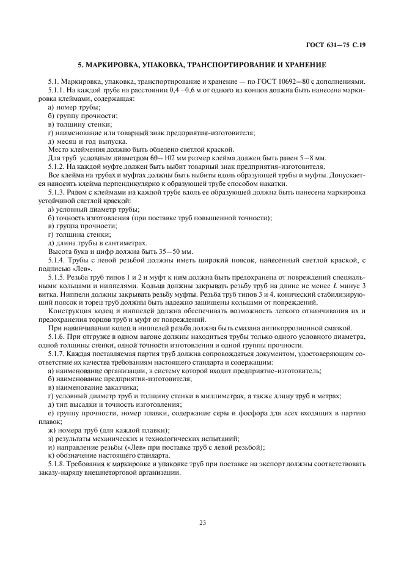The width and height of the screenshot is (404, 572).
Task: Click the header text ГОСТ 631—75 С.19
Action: (340, 44)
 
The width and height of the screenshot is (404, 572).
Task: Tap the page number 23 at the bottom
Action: (202, 522)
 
